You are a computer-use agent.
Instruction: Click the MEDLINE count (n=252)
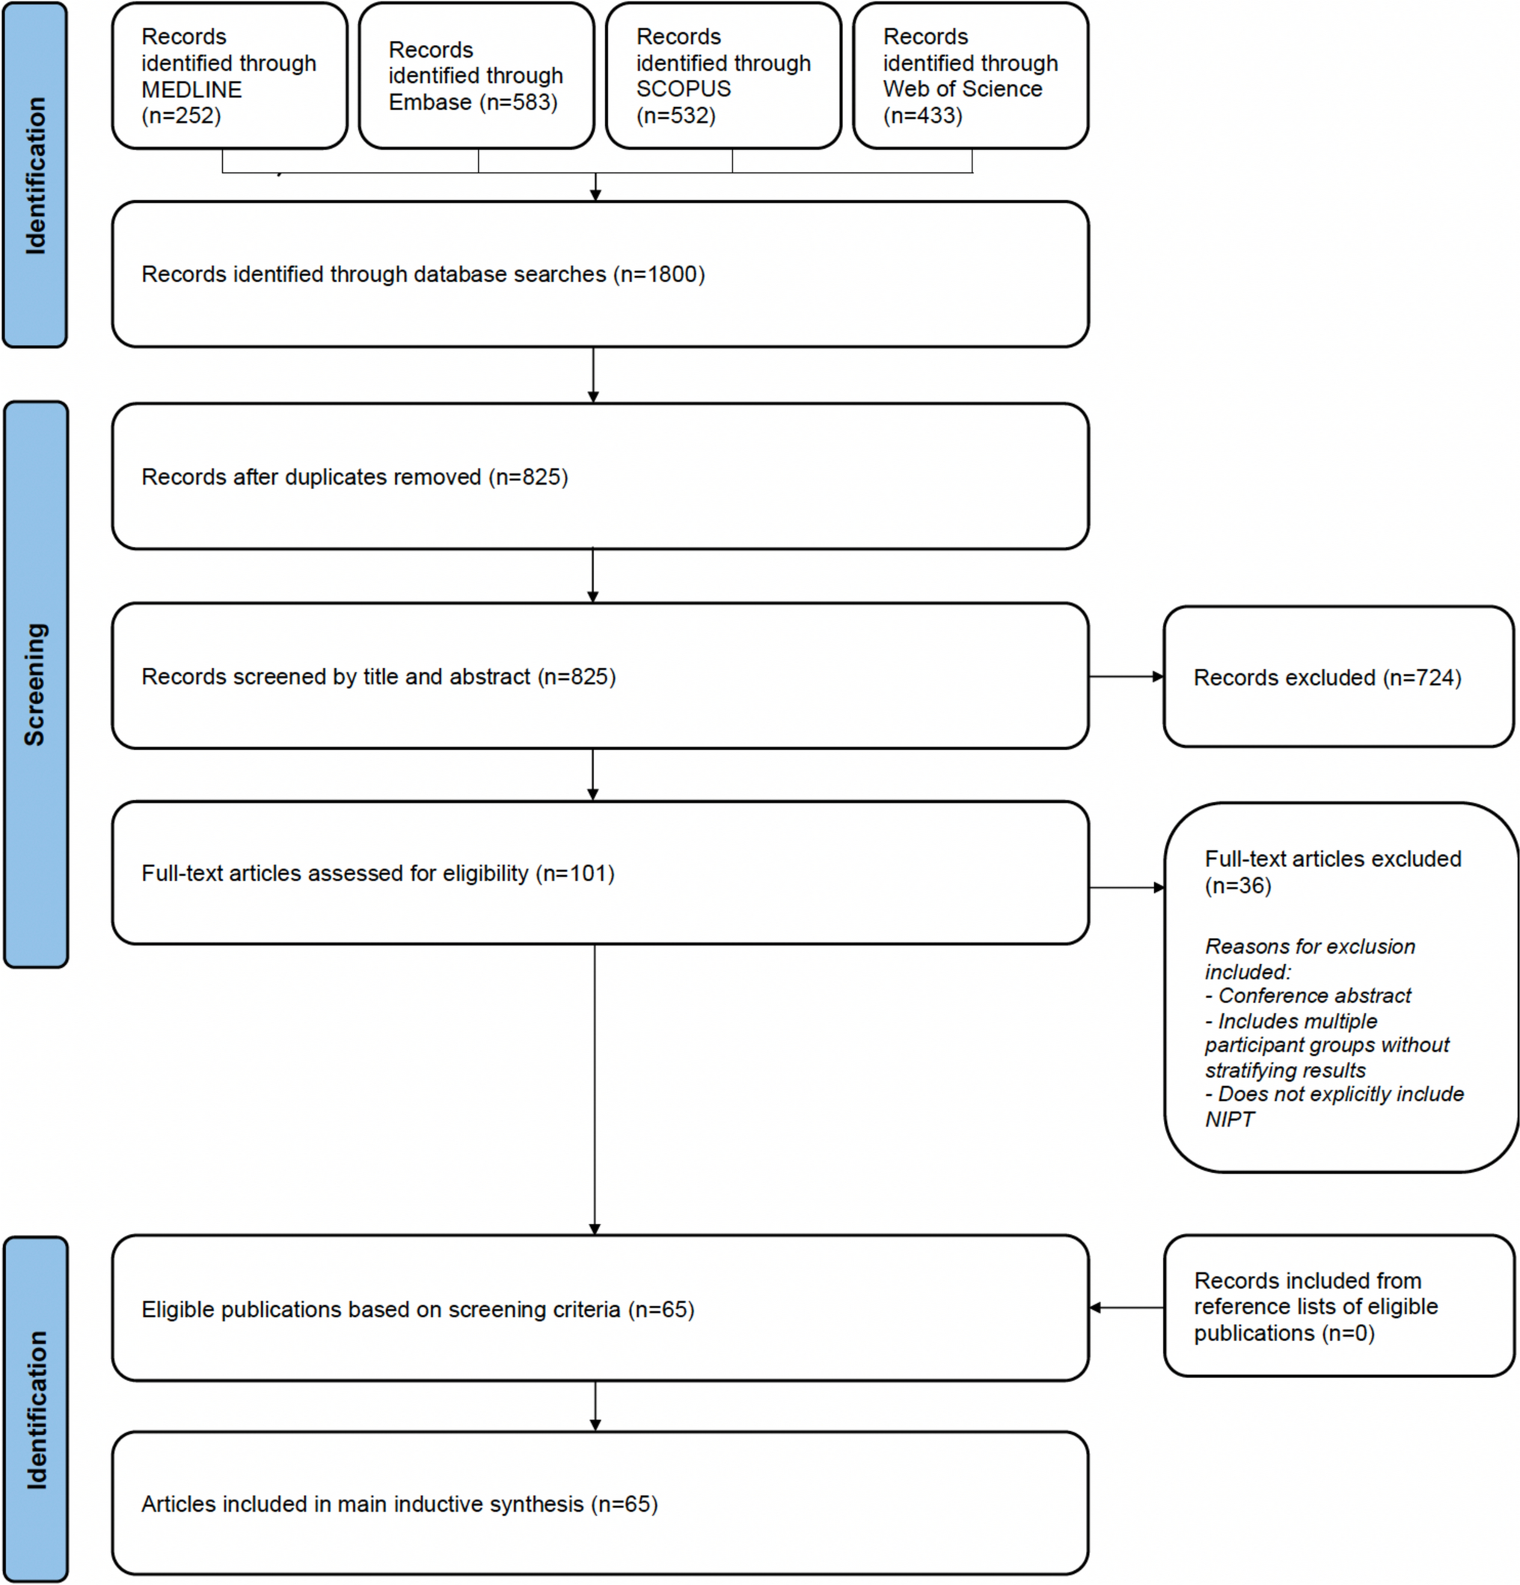coord(181,116)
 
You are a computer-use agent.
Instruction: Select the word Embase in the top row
coord(430,102)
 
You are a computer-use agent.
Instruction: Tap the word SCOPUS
coord(683,89)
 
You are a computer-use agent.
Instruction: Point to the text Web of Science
coord(962,89)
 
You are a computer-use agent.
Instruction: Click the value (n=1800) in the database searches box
coord(659,275)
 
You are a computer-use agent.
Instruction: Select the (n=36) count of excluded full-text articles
coord(1238,886)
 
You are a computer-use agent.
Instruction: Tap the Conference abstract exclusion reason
coord(1314,996)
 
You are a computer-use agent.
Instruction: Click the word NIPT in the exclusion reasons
coord(1229,1119)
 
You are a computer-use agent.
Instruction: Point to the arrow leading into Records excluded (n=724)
coord(1126,676)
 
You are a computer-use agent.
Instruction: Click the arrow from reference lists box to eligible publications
coord(1126,1307)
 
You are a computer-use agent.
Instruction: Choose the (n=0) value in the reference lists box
coord(1348,1333)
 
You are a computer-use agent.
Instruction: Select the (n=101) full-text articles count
coord(574,874)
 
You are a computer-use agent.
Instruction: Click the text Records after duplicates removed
coord(311,477)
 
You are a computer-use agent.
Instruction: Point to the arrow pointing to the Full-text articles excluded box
coord(1126,887)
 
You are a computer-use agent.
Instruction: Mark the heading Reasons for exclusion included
coord(1310,958)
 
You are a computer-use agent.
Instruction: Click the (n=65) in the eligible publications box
coord(661,1309)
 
